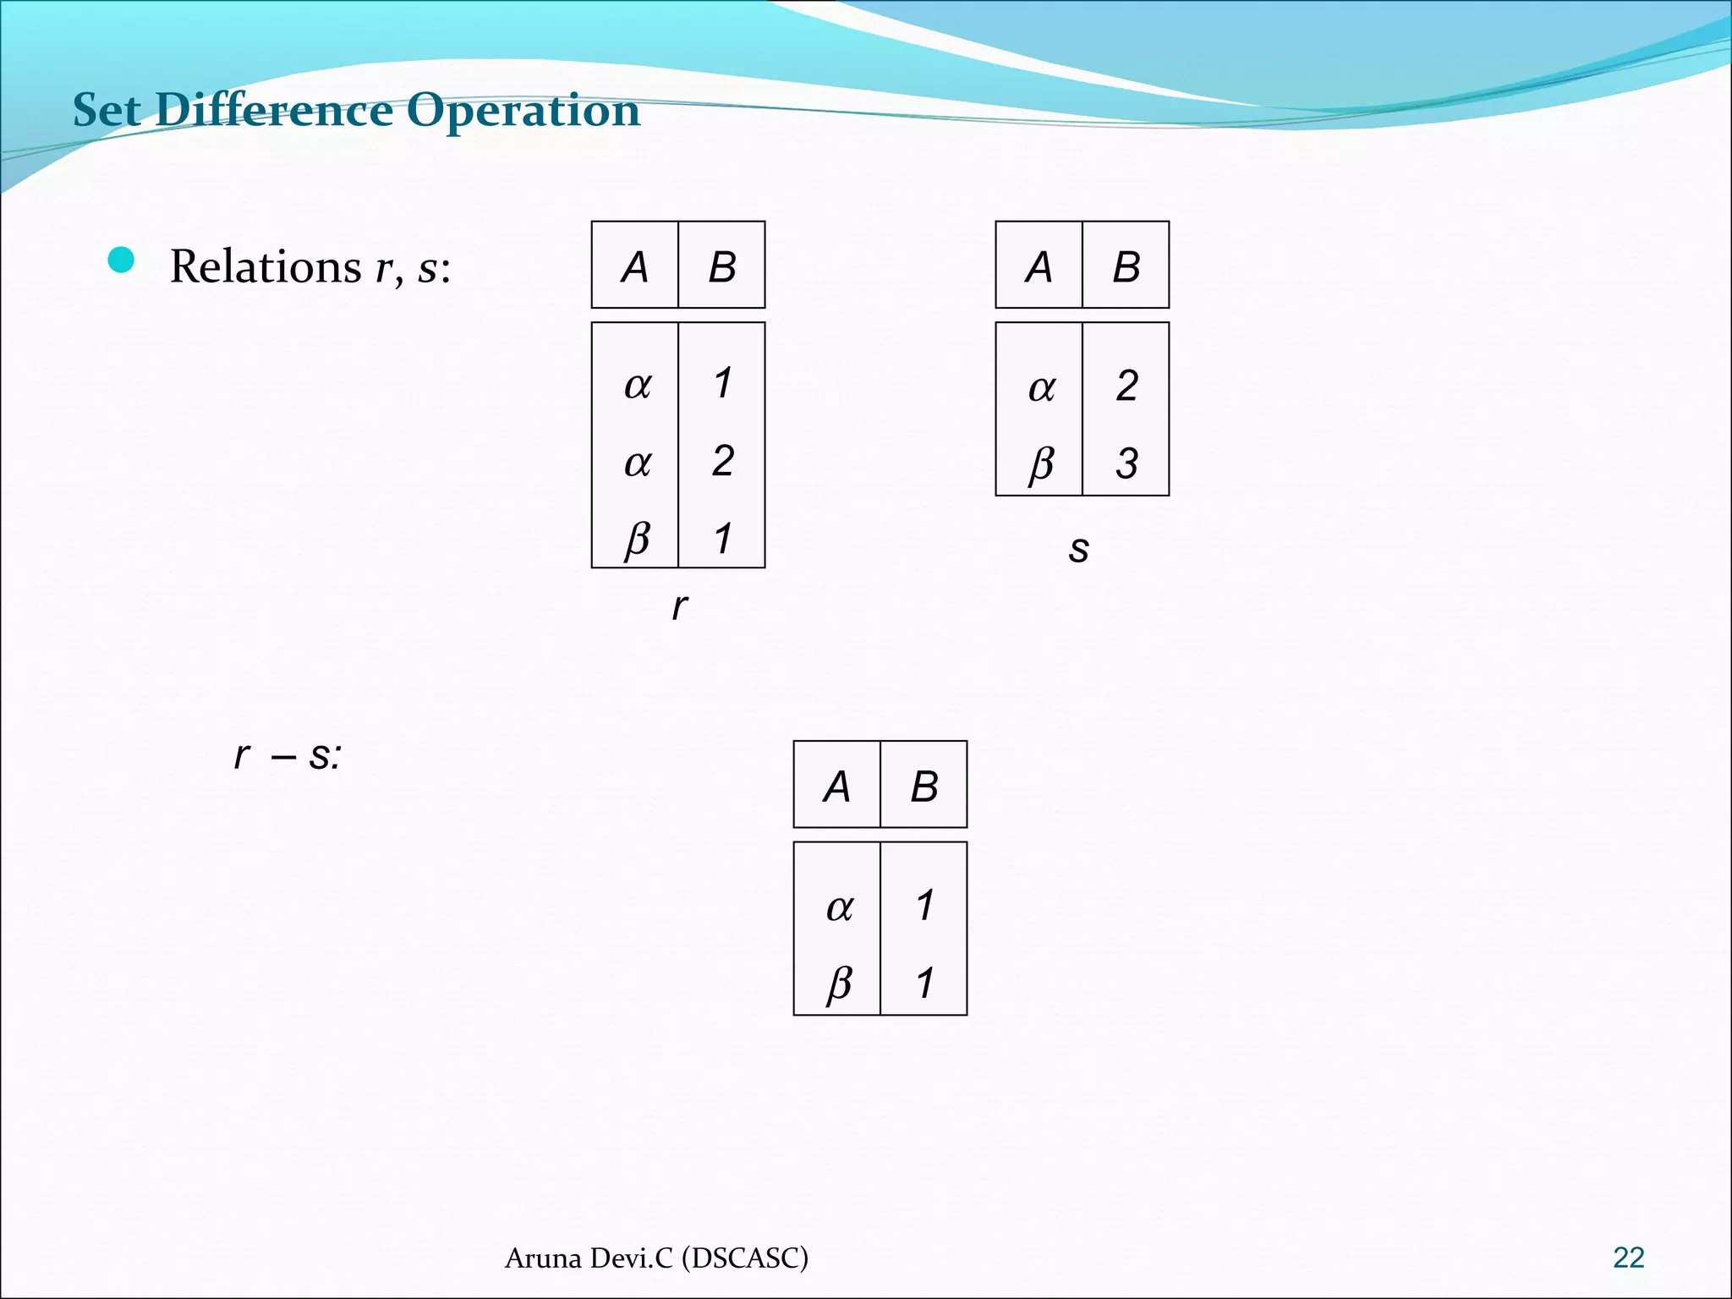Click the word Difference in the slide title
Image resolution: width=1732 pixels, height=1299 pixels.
[275, 110]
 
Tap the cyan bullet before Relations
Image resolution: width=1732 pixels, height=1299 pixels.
[122, 260]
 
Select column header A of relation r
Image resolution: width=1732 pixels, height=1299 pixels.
[634, 267]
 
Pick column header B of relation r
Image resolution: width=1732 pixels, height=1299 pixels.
[721, 267]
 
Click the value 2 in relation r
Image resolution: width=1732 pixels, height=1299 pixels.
[722, 461]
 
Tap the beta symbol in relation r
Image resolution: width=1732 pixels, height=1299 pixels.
[637, 539]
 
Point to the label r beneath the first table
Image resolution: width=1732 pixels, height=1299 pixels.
[679, 606]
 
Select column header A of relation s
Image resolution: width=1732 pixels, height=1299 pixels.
[1039, 267]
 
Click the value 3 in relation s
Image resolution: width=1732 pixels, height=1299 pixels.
[1126, 463]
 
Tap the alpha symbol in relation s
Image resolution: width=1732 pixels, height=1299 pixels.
[1041, 388]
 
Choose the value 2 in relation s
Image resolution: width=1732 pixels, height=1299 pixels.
[1126, 386]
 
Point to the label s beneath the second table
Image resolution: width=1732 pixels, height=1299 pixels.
[1078, 549]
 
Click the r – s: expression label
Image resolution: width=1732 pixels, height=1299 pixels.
[288, 755]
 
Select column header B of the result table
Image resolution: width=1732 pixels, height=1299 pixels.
[924, 787]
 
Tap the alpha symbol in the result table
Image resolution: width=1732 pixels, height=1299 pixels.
[839, 907]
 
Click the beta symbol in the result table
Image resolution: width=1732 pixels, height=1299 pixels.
[839, 983]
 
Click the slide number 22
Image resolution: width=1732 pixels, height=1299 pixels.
[1628, 1258]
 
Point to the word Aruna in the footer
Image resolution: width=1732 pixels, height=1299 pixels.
[543, 1258]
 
